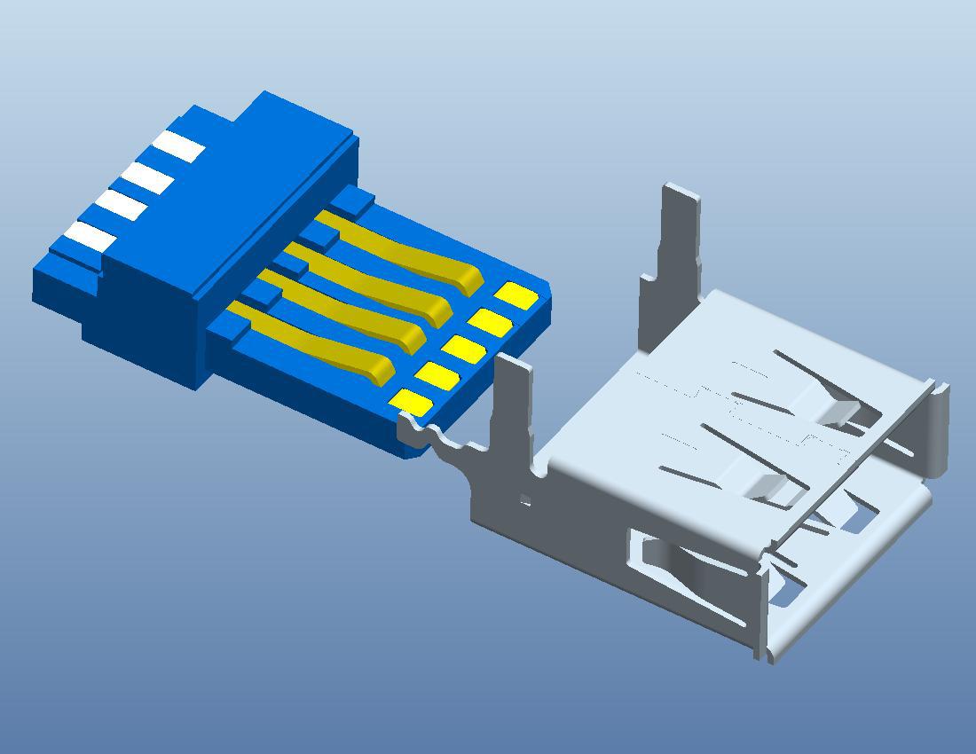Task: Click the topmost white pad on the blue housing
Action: point(178,146)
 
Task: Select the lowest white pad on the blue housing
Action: point(88,236)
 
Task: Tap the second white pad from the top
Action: point(147,177)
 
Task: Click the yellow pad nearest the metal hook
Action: point(412,403)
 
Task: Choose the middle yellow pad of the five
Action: point(463,350)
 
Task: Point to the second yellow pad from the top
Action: point(491,321)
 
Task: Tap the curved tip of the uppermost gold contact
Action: point(468,282)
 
